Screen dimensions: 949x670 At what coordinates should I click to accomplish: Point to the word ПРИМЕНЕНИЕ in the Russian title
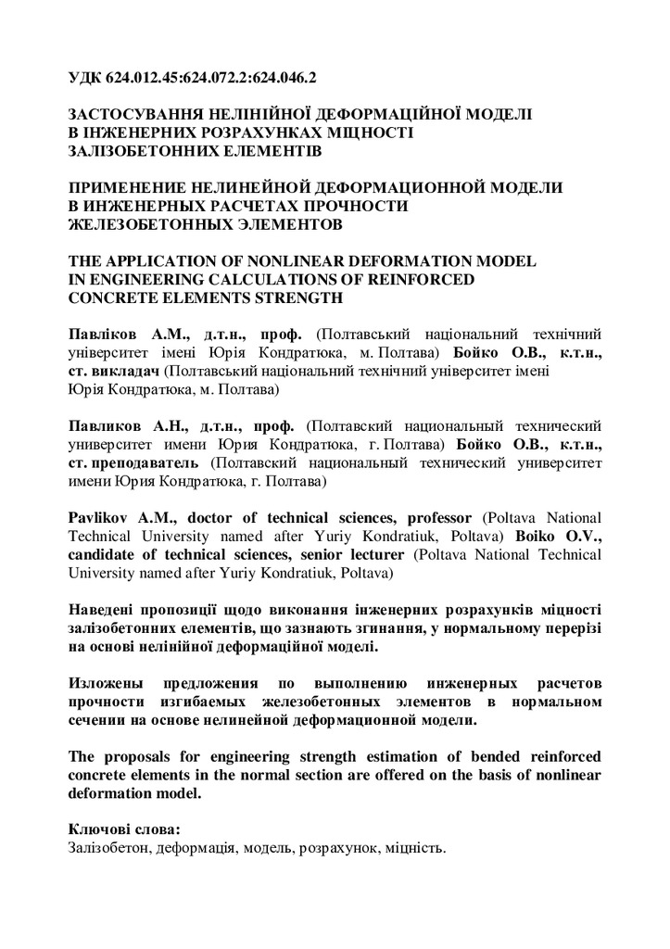[125, 186]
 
